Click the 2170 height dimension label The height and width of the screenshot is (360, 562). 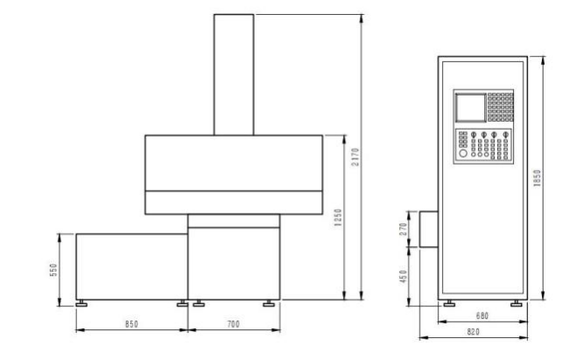pos(355,157)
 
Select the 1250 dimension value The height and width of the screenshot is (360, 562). pos(338,217)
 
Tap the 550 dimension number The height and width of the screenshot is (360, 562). pos(53,270)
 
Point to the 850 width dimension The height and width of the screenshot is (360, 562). pos(131,324)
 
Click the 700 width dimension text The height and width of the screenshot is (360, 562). pos(234,324)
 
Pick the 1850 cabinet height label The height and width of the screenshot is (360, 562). pos(537,178)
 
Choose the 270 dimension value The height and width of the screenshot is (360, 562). pos(404,229)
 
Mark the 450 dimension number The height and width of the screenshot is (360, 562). pos(404,277)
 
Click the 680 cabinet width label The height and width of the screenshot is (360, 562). pos(482,316)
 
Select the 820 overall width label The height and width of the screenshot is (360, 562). pos(473,332)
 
